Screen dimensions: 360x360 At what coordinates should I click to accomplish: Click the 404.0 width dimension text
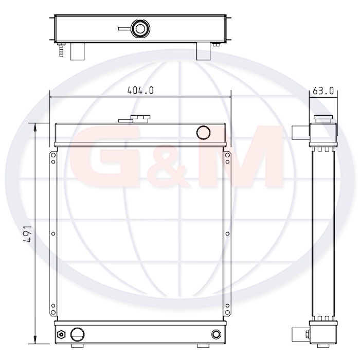[140, 90]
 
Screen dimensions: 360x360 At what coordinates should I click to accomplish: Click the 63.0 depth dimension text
[323, 91]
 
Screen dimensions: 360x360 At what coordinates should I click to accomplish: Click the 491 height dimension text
[27, 233]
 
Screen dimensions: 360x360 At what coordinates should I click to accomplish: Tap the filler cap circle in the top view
[140, 29]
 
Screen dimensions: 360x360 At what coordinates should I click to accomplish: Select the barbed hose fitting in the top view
[61, 50]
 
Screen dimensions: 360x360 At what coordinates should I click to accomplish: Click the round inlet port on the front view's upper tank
[204, 133]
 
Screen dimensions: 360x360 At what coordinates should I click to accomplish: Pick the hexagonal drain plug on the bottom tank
[61, 334]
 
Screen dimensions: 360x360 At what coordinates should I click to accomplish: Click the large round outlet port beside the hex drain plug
[77, 334]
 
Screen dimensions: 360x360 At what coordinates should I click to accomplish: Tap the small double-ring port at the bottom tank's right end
[216, 334]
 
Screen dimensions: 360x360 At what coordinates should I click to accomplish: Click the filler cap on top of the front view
[135, 119]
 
